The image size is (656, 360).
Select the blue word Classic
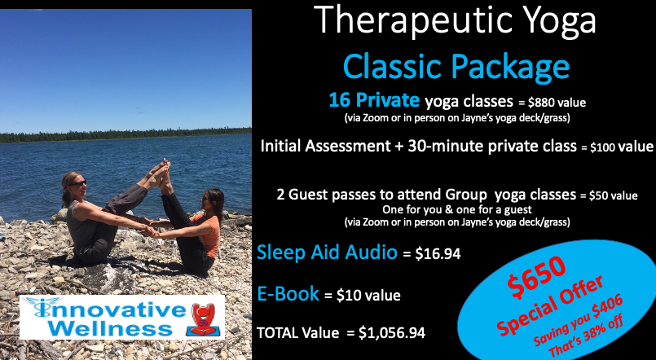[393, 66]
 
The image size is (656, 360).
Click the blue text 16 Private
[374, 100]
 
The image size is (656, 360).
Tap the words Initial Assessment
[325, 146]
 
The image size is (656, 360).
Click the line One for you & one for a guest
[457, 209]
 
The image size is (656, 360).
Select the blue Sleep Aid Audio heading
[327, 252]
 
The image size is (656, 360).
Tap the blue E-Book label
[288, 293]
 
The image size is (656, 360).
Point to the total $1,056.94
[392, 333]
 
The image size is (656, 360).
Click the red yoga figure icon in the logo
[204, 319]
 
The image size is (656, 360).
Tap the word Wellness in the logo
[110, 328]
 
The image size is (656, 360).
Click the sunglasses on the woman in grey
[79, 183]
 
